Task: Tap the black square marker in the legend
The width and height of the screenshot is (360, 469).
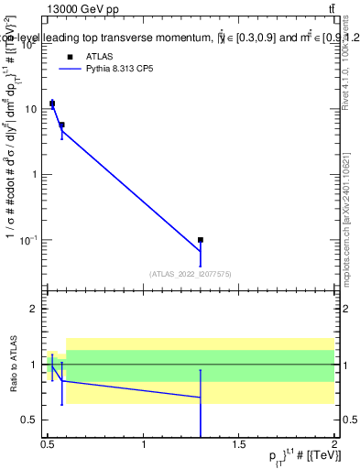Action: coord(70,56)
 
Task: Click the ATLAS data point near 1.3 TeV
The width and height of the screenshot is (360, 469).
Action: coord(201,240)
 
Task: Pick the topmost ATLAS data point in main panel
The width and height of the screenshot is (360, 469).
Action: coord(52,104)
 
